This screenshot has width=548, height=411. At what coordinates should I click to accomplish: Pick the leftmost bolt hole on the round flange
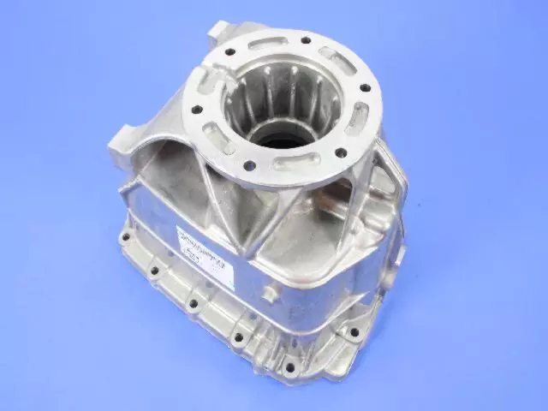pyautogui.click(x=193, y=109)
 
